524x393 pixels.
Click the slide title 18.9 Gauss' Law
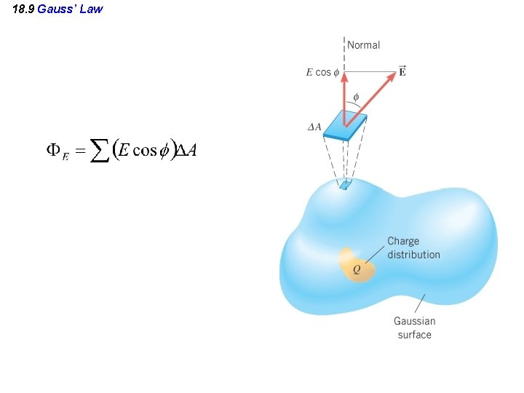pos(58,9)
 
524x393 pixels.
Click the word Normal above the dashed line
pos(363,45)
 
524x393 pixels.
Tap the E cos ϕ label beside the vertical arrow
pos(318,72)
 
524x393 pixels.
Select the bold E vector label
pos(402,71)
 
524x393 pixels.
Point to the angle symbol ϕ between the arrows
pos(356,97)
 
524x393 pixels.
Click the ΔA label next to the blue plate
pos(314,127)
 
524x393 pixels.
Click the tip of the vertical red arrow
pos(344,71)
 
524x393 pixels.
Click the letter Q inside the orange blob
pos(356,270)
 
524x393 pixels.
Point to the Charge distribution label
pos(413,247)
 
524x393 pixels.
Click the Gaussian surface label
pos(414,327)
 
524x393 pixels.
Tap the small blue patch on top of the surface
pos(344,186)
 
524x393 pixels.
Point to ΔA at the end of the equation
pos(187,150)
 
